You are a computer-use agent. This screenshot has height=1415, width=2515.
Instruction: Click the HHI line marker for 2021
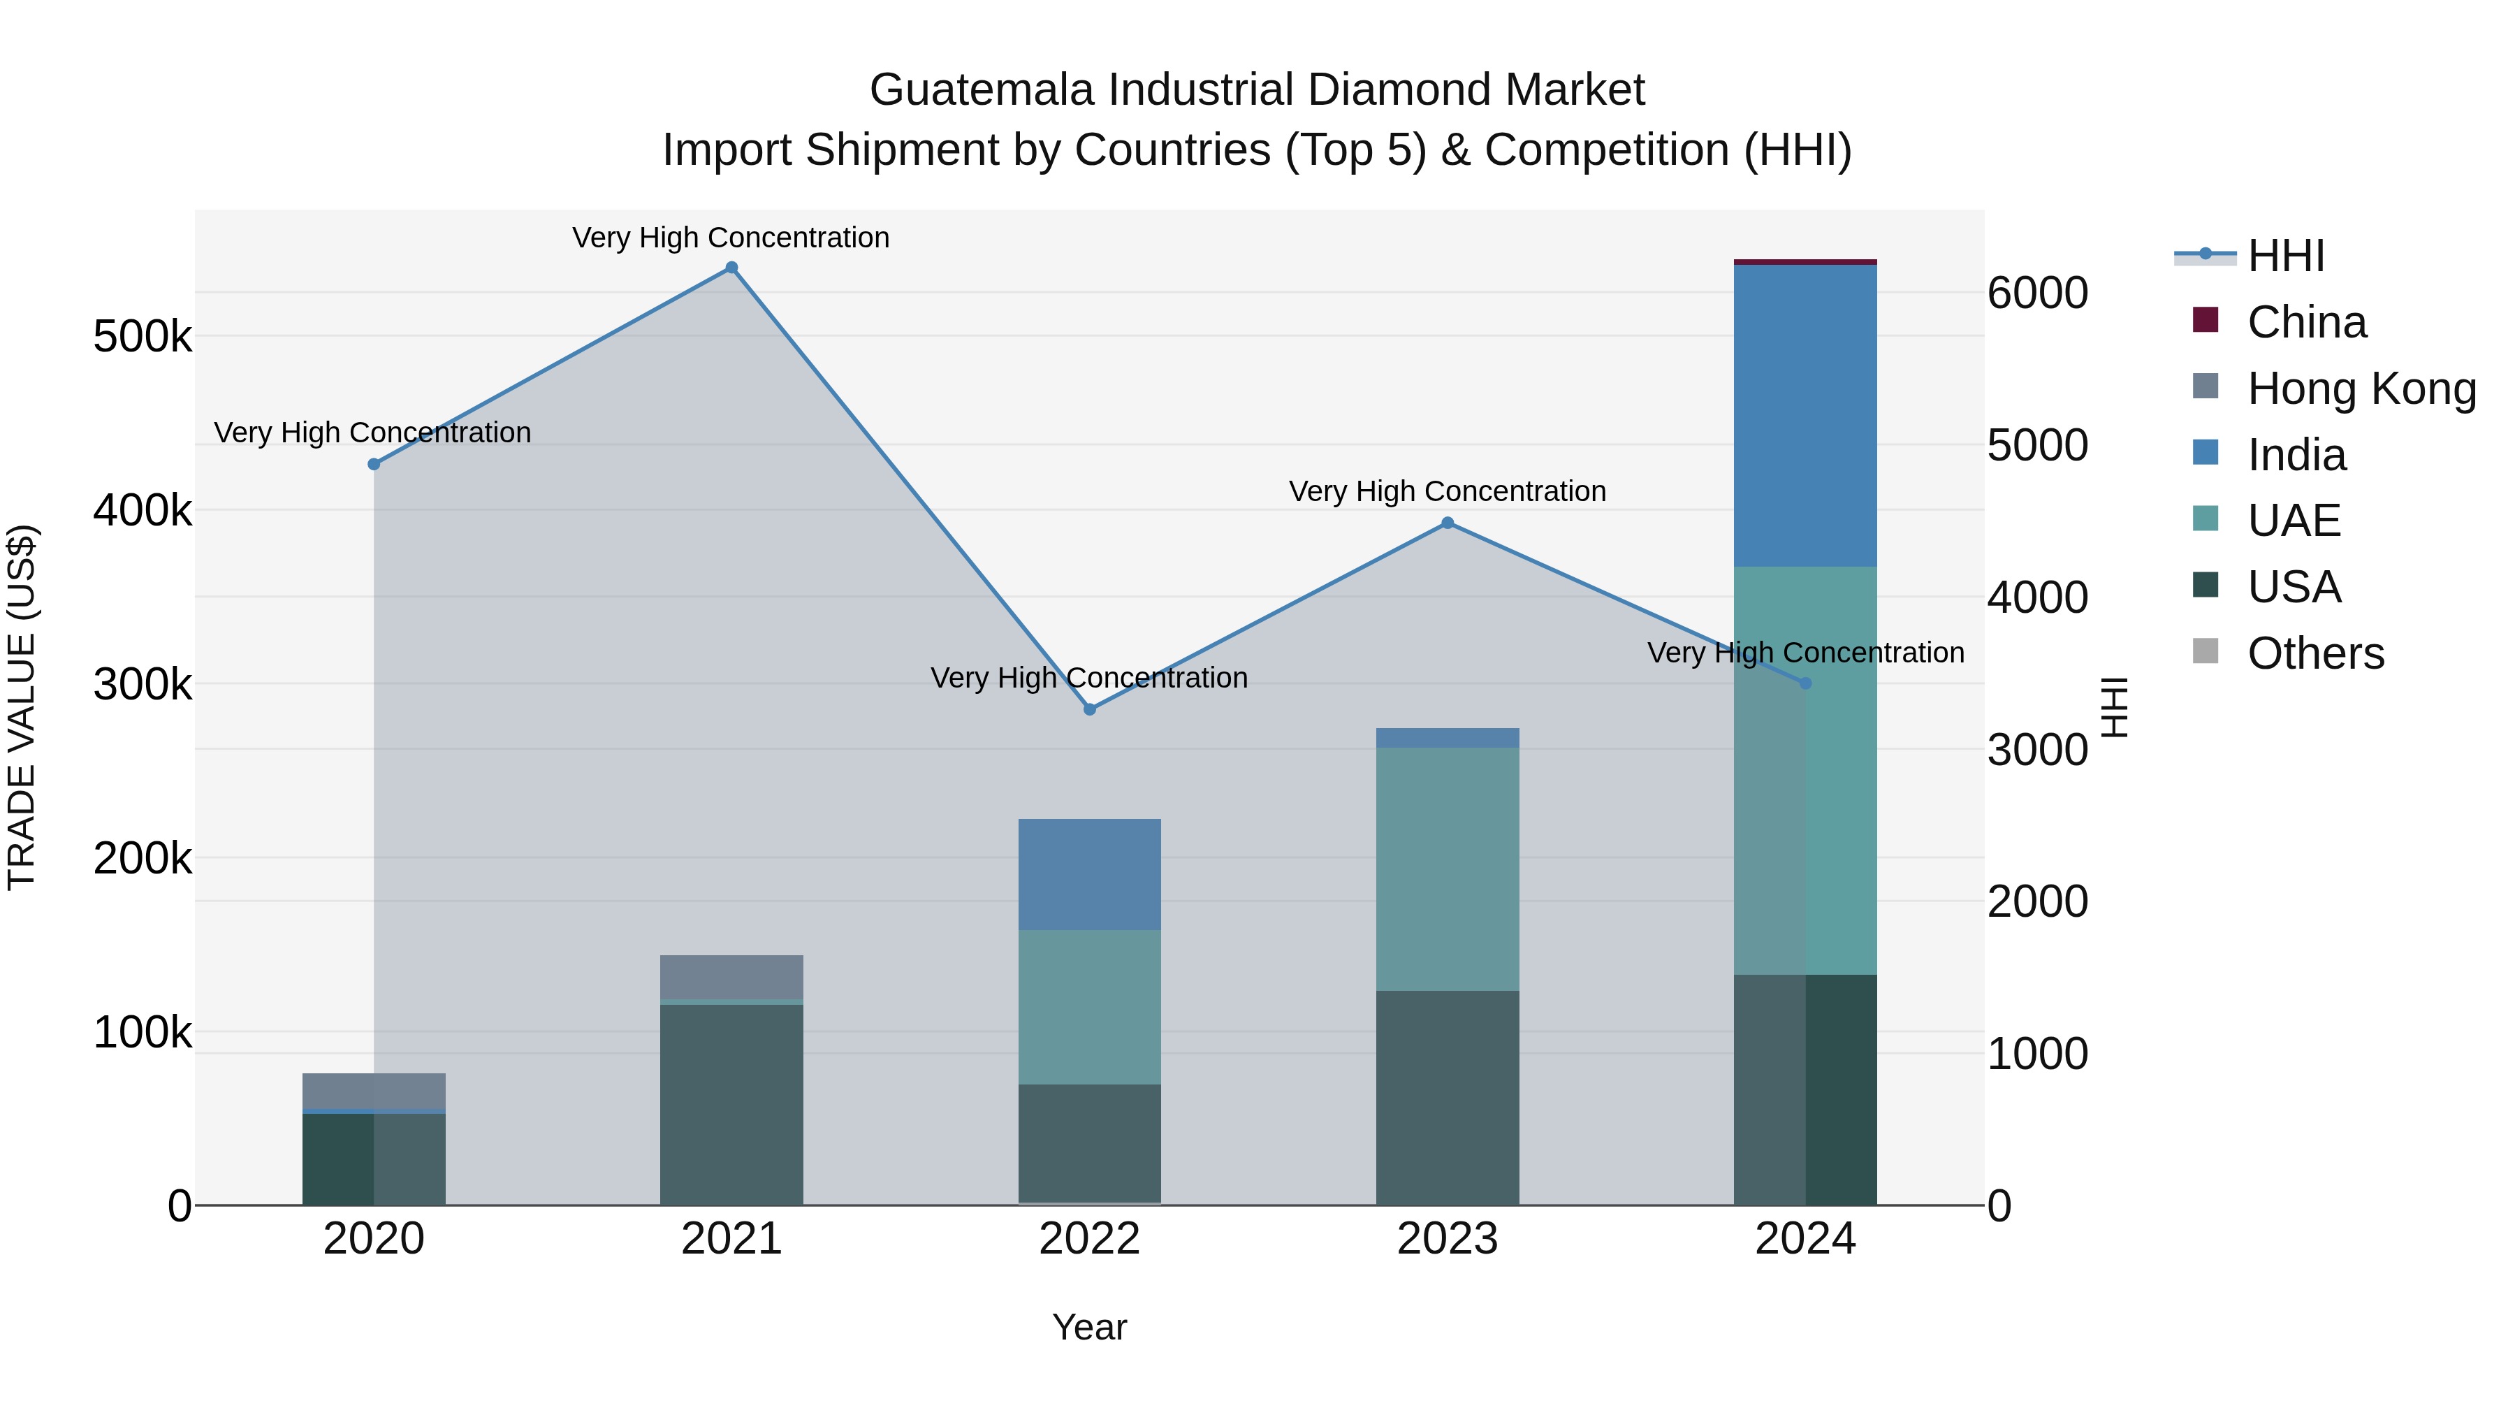[731, 268]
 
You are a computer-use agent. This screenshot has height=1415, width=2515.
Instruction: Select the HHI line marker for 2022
[1090, 709]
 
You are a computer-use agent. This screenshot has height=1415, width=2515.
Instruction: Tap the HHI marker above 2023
[1448, 523]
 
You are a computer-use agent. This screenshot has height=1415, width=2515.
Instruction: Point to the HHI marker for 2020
[374, 464]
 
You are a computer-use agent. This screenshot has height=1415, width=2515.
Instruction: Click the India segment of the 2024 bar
[1805, 415]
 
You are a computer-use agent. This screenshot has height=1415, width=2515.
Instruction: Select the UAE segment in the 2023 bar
[1448, 869]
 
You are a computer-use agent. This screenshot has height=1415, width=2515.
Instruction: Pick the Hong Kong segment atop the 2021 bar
[731, 977]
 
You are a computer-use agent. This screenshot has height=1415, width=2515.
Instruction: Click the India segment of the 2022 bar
[1090, 874]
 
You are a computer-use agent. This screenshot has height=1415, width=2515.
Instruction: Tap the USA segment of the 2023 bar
[1448, 1098]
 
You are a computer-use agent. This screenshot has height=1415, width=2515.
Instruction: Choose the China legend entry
[2306, 322]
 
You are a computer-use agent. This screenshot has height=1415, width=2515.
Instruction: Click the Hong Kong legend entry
[2361, 389]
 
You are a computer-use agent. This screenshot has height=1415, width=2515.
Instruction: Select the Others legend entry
[2315, 653]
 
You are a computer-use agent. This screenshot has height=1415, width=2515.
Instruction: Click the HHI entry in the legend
[2284, 256]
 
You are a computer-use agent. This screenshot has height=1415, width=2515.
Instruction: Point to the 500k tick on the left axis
[143, 337]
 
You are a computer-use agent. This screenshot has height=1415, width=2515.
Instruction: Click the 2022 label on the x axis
[1090, 1239]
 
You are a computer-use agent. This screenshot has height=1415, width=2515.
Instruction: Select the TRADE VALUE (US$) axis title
[22, 707]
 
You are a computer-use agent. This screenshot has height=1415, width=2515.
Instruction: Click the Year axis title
[1090, 1327]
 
